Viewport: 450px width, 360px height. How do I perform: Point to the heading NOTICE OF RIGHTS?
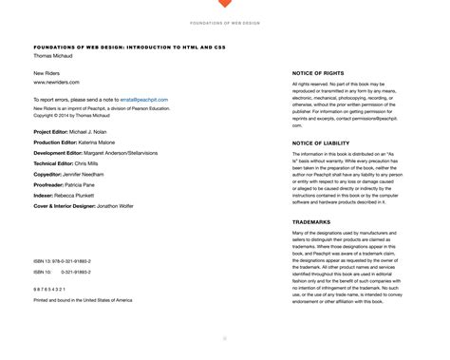[321, 72]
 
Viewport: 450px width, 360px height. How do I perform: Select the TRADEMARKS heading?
[314, 222]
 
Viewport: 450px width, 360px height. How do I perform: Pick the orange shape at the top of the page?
[225, 4]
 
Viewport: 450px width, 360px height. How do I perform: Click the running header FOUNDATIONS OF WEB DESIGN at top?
[225, 22]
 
